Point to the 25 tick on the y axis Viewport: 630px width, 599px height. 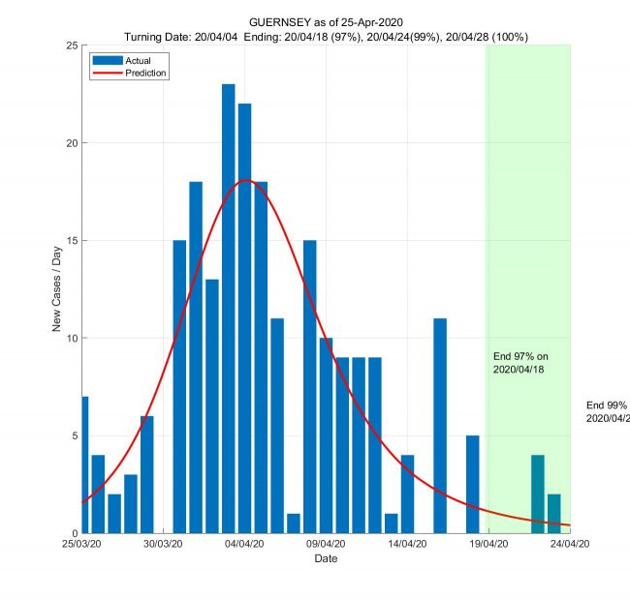tap(72, 45)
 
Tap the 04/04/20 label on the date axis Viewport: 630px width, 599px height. tap(245, 544)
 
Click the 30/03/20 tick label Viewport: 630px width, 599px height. tap(164, 544)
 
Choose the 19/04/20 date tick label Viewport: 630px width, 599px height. tap(488, 544)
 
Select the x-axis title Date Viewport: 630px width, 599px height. tap(326, 558)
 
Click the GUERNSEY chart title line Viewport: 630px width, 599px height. tap(327, 21)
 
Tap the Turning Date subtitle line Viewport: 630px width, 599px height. tap(327, 36)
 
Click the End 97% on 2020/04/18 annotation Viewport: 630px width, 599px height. tap(520, 363)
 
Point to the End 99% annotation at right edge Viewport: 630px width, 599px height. tap(607, 411)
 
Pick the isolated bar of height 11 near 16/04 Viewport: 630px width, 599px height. tap(440, 426)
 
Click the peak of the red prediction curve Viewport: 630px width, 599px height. tap(246, 181)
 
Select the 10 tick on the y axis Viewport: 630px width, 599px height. tap(72, 338)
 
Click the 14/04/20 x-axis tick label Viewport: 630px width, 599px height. tap(407, 544)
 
